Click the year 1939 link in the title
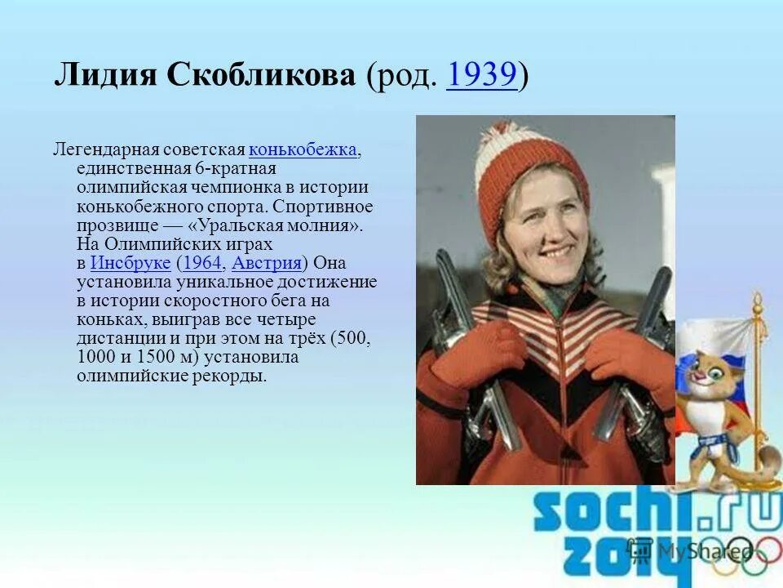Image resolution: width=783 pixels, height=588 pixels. (x=482, y=76)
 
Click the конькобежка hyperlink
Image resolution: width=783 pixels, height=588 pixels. (x=303, y=150)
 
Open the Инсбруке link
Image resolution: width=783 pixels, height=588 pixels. (x=130, y=263)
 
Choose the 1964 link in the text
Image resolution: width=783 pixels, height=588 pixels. (x=202, y=263)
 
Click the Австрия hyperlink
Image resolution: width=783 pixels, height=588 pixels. (x=267, y=263)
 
